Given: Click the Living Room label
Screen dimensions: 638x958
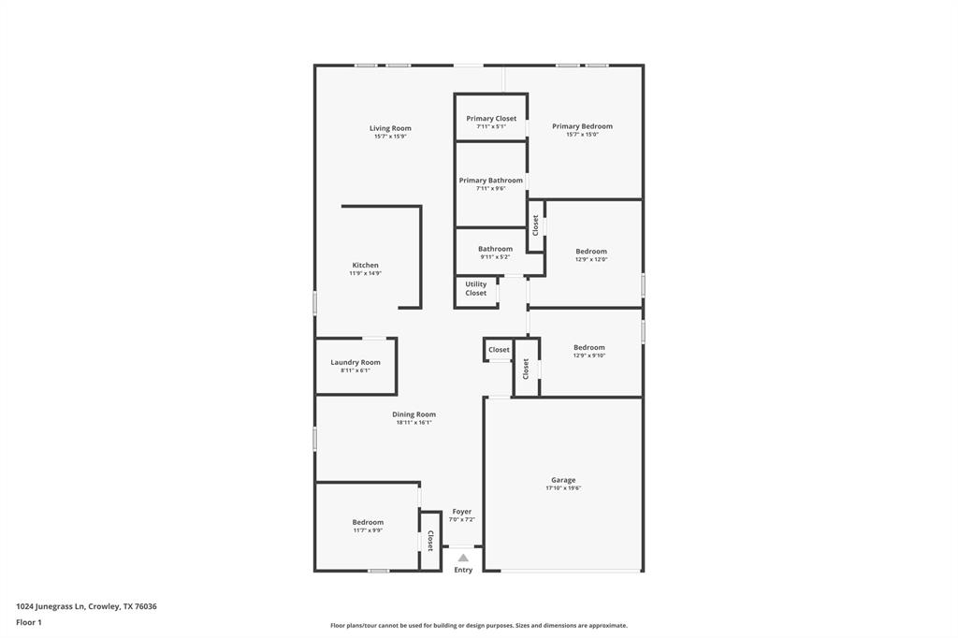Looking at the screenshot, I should (390, 128).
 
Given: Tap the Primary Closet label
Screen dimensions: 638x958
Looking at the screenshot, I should (491, 119).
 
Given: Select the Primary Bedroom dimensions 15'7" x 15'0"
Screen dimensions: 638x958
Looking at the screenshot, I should (582, 135).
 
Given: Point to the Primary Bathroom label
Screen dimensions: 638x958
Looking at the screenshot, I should (490, 181).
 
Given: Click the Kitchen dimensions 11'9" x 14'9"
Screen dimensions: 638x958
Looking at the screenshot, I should (366, 273).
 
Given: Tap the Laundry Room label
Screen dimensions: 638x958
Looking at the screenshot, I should (356, 362).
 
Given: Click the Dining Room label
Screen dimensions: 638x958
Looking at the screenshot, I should (414, 414).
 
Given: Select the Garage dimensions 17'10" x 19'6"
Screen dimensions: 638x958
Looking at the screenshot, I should (563, 488).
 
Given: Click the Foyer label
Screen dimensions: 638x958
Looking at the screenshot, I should (462, 512).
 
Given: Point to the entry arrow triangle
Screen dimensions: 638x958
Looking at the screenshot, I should (463, 558).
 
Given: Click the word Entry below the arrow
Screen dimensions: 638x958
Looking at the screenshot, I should (463, 570).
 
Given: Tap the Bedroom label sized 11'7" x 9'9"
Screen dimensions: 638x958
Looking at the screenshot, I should (368, 522).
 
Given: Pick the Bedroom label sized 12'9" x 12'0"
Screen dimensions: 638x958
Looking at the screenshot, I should (591, 251).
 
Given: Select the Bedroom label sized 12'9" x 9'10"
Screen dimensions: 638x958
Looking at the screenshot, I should (589, 347).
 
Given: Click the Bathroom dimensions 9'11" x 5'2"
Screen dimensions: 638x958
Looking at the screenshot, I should (495, 257).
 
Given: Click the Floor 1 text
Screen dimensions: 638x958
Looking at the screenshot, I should (29, 622).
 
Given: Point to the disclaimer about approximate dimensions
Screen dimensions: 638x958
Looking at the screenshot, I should (479, 626).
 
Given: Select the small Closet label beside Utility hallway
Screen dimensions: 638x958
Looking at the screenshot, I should (500, 350).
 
